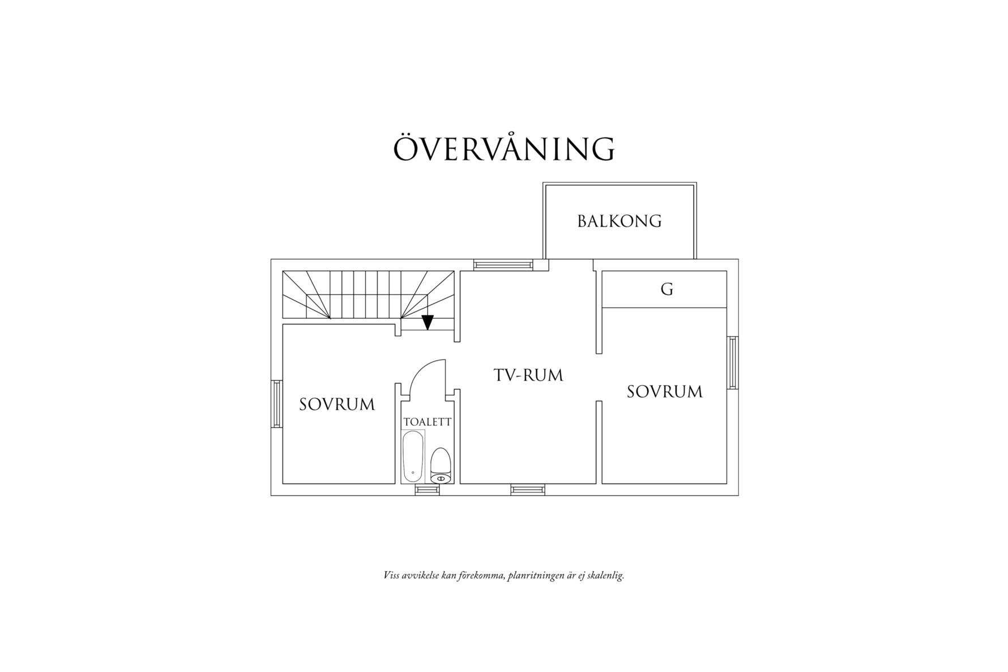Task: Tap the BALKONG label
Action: (x=620, y=221)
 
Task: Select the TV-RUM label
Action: (x=528, y=375)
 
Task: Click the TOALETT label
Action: (x=428, y=422)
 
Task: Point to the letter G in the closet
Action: (x=667, y=289)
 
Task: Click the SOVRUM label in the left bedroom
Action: (x=337, y=404)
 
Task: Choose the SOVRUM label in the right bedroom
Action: (x=665, y=391)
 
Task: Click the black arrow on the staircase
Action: (x=428, y=322)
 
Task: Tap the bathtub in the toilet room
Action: (x=413, y=456)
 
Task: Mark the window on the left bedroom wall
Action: (x=277, y=404)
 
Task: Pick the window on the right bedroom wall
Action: (x=733, y=362)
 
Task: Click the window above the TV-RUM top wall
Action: (x=503, y=264)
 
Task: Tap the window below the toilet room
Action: (x=427, y=490)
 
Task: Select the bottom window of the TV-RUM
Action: (x=528, y=490)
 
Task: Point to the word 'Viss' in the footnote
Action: (x=391, y=576)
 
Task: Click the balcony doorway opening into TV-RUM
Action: (x=571, y=265)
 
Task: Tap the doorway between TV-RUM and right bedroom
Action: (x=599, y=378)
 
